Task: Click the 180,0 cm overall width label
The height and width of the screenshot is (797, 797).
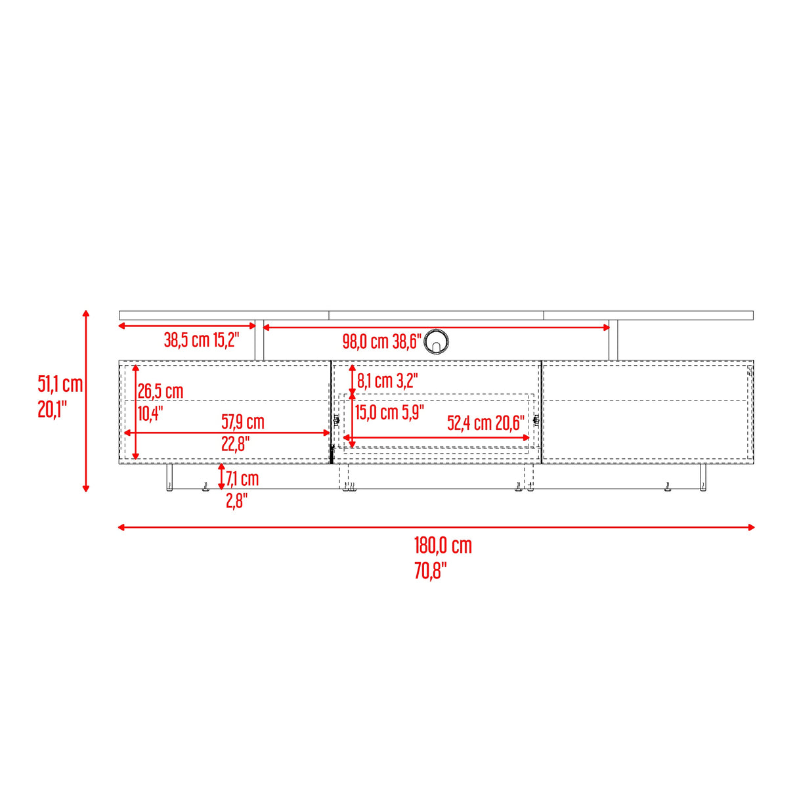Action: (442, 546)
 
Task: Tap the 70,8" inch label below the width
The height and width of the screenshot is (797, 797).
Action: (430, 571)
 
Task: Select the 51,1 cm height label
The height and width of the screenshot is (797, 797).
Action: (60, 384)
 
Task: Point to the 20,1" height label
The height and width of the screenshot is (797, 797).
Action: (53, 409)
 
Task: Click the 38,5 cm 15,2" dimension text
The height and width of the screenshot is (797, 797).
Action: (202, 340)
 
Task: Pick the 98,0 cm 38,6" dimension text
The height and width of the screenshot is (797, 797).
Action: (381, 341)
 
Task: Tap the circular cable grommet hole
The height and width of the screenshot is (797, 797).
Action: (437, 341)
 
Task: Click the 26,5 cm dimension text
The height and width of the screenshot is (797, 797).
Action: (160, 391)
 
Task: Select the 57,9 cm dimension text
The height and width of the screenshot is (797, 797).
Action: (243, 421)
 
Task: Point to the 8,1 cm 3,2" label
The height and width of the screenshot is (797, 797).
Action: (387, 381)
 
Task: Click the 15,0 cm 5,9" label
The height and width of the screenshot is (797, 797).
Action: (389, 412)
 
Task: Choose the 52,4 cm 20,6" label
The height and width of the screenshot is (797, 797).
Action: (486, 423)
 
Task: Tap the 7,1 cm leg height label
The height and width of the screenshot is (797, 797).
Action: (242, 479)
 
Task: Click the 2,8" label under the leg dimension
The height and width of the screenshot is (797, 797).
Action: (237, 501)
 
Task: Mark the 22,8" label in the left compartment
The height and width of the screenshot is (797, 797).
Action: (235, 444)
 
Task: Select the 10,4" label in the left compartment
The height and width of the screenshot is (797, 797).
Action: (150, 414)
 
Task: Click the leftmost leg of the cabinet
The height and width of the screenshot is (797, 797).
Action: (169, 477)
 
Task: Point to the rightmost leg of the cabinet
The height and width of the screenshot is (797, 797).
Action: (702, 477)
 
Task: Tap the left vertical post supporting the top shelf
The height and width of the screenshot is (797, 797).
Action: (259, 341)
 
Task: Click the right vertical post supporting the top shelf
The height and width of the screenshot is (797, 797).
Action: (613, 341)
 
